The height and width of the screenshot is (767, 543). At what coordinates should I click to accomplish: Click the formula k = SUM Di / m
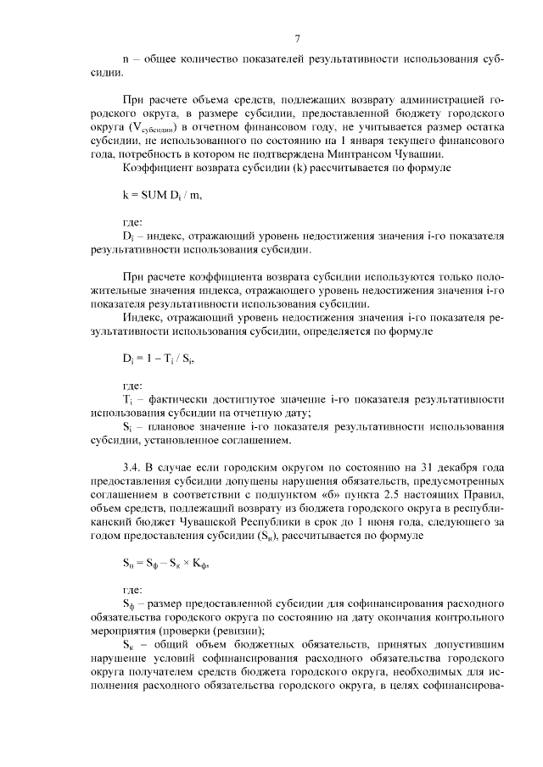coord(162,195)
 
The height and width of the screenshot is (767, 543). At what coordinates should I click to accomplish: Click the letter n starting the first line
coord(126,59)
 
